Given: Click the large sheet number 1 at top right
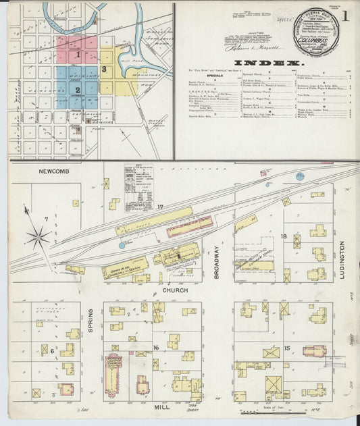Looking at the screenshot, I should pos(345,15).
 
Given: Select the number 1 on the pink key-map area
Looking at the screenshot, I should pos(78,54).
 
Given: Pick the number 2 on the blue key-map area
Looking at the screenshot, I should pos(78,89).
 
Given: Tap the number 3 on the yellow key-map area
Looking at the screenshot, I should pos(104,69).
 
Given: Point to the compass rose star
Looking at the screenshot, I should pos(38,236).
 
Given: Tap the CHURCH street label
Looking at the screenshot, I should pos(175,290).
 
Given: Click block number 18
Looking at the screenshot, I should pos(284,236).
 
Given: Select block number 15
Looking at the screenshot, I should pos(287,348).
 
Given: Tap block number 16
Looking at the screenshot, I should pos(156,348).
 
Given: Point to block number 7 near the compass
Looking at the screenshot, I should pos(45,219).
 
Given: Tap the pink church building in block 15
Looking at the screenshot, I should pos(315,351).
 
